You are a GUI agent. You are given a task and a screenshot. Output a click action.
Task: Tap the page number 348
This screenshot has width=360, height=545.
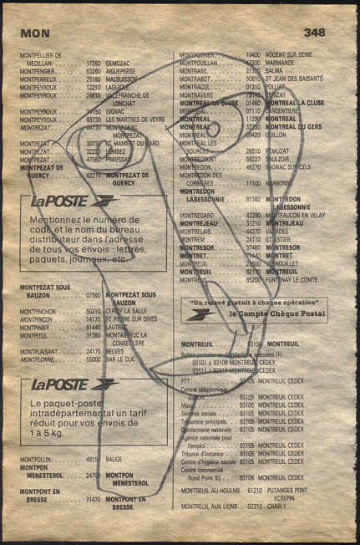pyautogui.click(x=314, y=33)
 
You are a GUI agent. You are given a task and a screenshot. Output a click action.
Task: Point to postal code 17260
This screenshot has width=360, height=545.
pyautogui.click(x=93, y=63)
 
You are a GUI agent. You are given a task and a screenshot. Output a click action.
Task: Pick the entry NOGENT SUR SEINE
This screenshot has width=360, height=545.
pyautogui.click(x=294, y=54)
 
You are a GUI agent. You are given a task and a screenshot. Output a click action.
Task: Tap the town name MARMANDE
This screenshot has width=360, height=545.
pyautogui.click(x=284, y=63)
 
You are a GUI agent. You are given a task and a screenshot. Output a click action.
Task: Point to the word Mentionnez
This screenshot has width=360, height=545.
pyautogui.click(x=58, y=219)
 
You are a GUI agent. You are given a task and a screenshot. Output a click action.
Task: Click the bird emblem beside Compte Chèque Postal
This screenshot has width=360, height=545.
pyautogui.click(x=201, y=314)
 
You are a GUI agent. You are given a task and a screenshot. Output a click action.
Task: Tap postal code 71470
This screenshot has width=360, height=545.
pyautogui.click(x=93, y=499)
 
